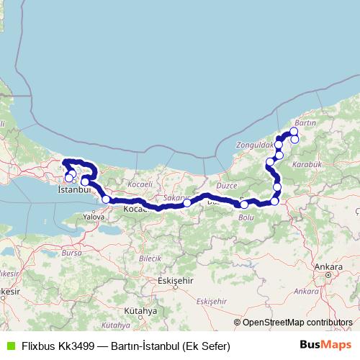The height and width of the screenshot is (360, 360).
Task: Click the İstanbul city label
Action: click(x=72, y=189)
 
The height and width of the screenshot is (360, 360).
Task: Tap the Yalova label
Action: click(x=94, y=215)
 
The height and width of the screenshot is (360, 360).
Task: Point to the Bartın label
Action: click(x=306, y=124)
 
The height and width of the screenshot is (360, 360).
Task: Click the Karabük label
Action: click(x=315, y=164)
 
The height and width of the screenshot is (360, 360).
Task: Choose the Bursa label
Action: click(x=73, y=253)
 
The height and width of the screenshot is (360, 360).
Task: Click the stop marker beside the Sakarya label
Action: click(x=187, y=203)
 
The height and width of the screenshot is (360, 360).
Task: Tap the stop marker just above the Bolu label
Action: click(x=245, y=205)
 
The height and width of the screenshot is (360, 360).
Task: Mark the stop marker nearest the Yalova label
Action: click(x=106, y=199)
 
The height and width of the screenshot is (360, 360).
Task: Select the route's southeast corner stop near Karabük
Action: click(x=274, y=202)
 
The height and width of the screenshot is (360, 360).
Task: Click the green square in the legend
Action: click(x=9, y=346)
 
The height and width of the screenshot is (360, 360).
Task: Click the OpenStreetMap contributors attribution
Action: click(x=297, y=323)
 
